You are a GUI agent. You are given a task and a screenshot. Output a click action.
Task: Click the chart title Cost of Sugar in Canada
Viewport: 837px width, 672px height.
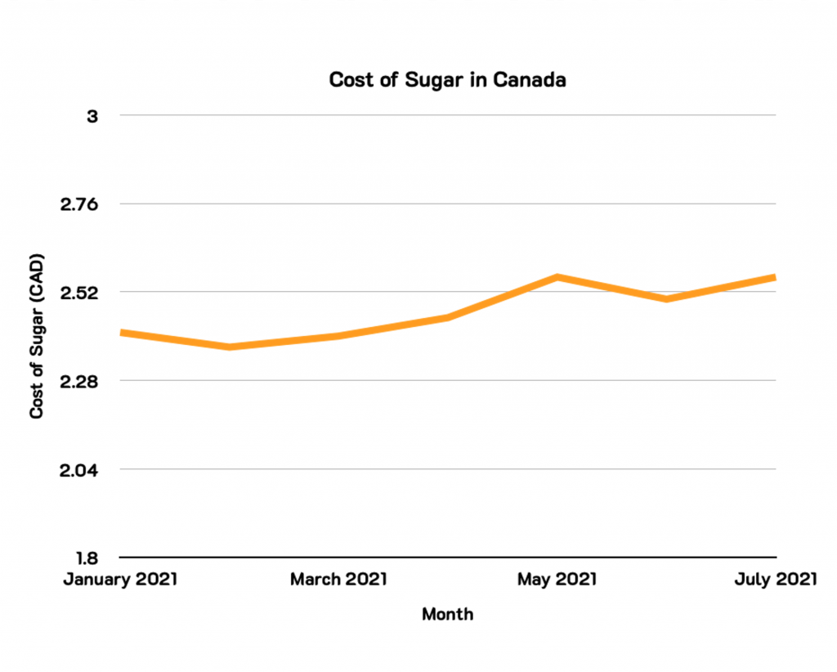click(447, 80)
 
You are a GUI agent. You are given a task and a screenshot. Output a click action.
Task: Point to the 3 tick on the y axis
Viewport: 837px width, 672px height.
click(92, 116)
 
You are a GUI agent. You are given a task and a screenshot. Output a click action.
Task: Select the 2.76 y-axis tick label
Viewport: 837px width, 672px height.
click(79, 204)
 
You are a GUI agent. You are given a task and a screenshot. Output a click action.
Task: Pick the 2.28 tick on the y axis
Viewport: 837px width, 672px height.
click(79, 382)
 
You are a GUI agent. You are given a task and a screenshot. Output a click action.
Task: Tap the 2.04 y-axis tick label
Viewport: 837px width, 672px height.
click(79, 470)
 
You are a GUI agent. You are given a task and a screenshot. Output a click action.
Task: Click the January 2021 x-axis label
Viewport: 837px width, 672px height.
click(121, 580)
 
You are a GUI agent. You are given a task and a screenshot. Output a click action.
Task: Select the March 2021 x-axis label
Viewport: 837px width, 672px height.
click(339, 580)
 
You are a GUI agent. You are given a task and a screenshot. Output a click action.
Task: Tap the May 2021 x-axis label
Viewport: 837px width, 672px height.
click(557, 580)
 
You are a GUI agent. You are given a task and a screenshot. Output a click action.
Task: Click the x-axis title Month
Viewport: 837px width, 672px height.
click(447, 614)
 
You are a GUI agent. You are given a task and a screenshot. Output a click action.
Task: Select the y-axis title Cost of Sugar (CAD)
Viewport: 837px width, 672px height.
click(37, 337)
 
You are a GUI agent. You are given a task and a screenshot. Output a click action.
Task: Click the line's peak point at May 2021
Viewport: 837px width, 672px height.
click(557, 277)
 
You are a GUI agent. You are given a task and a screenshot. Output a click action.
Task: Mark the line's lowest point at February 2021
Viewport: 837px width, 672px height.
click(230, 347)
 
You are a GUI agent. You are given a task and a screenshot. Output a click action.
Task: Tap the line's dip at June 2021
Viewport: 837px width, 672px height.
click(667, 299)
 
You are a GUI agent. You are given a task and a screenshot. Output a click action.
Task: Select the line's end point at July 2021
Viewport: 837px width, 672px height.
click(774, 278)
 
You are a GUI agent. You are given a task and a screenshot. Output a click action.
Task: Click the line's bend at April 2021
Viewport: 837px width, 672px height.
click(448, 317)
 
